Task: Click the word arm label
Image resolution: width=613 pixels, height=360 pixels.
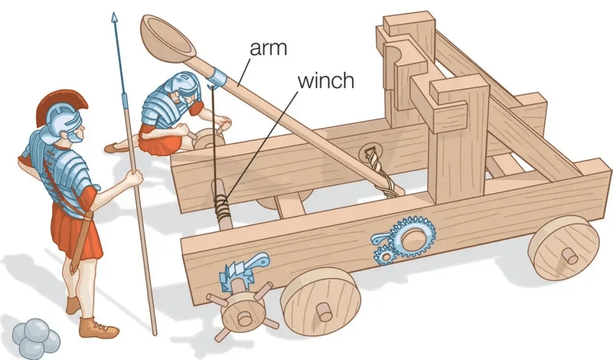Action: (x=268, y=48)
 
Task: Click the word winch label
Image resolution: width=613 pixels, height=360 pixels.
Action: (x=326, y=81)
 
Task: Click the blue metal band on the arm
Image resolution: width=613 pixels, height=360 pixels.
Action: (x=218, y=77)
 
